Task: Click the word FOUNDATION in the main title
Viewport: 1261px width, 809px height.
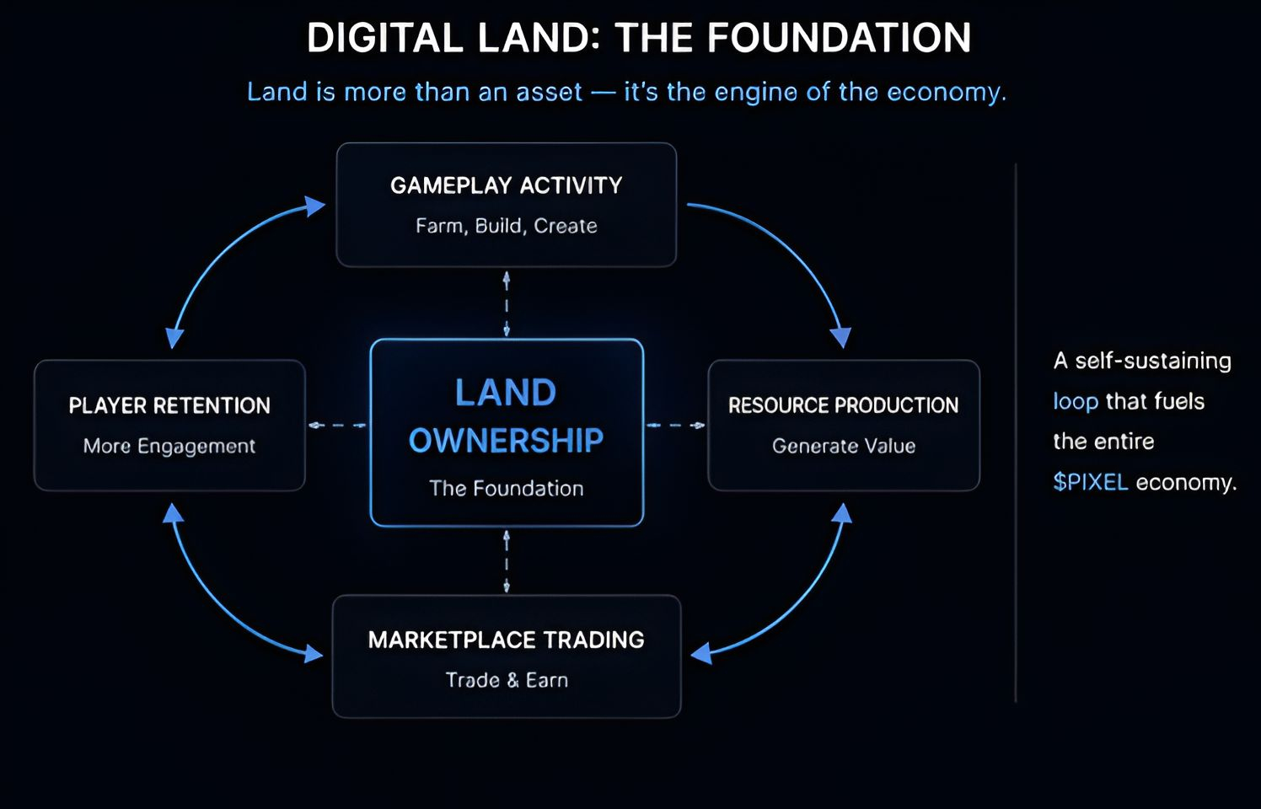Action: tap(839, 39)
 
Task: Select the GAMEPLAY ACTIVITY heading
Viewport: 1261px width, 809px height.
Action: tap(506, 185)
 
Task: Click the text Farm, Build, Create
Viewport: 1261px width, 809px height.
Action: tap(506, 226)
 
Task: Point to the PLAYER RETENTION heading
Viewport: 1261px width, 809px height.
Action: tap(169, 405)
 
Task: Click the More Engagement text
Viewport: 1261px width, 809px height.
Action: tap(169, 446)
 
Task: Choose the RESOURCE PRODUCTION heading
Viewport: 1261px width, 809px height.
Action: tap(843, 405)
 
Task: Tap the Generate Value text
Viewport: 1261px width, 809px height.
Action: tap(843, 446)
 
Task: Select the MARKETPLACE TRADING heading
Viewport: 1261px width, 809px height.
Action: tap(506, 640)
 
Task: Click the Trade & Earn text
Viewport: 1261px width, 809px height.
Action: tap(506, 680)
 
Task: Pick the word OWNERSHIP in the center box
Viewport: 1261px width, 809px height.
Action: tap(506, 441)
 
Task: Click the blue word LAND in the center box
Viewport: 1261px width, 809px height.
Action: tap(506, 393)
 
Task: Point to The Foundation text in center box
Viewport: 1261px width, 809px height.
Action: tap(506, 489)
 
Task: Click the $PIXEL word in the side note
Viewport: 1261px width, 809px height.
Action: tap(1090, 482)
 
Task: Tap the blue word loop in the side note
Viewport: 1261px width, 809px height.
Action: tap(1075, 401)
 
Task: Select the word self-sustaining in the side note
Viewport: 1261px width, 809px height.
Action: tap(1152, 361)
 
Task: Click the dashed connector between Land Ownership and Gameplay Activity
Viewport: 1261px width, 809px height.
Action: tap(506, 303)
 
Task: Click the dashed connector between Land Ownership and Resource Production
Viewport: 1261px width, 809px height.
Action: tap(675, 425)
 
